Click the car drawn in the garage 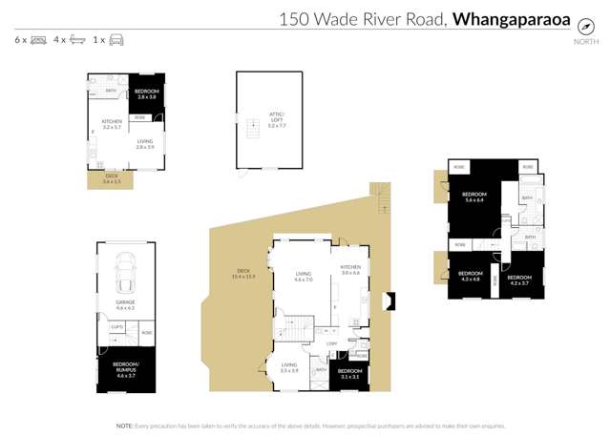(124, 275)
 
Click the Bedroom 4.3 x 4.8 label (471, 277)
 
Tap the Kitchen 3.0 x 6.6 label (350, 270)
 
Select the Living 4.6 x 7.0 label (304, 277)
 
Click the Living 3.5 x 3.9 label (289, 367)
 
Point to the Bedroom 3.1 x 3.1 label (349, 373)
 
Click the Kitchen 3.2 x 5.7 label (112, 124)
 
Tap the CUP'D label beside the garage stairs (116, 327)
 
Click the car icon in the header (116, 40)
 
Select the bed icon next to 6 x (38, 40)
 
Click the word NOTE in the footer (124, 425)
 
